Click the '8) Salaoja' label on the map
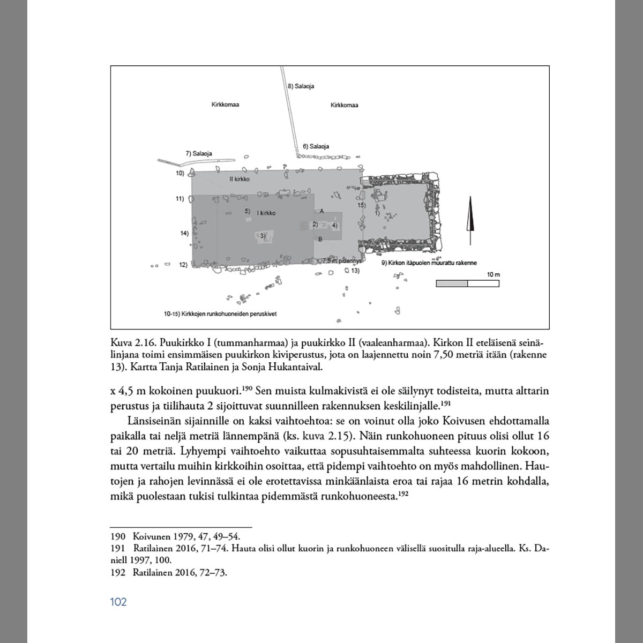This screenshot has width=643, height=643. pyautogui.click(x=301, y=86)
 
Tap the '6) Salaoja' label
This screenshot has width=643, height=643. pyautogui.click(x=316, y=146)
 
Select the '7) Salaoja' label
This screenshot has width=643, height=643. pyautogui.click(x=199, y=154)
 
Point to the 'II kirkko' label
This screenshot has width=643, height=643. pyautogui.click(x=239, y=179)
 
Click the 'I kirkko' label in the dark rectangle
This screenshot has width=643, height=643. pyautogui.click(x=266, y=213)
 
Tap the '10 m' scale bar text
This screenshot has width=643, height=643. pyautogui.click(x=493, y=275)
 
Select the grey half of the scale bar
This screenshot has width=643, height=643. pyautogui.click(x=452, y=283)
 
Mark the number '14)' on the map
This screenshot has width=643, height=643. pyautogui.click(x=185, y=233)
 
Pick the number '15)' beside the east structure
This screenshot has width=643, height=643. pyautogui.click(x=361, y=205)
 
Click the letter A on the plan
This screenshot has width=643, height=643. pyautogui.click(x=322, y=211)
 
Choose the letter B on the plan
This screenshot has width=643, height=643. pyautogui.click(x=320, y=239)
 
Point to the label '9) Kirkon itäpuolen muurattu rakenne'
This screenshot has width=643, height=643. pyautogui.click(x=429, y=263)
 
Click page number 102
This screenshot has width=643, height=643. pyautogui.click(x=118, y=602)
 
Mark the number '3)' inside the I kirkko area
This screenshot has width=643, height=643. pyautogui.click(x=263, y=236)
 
